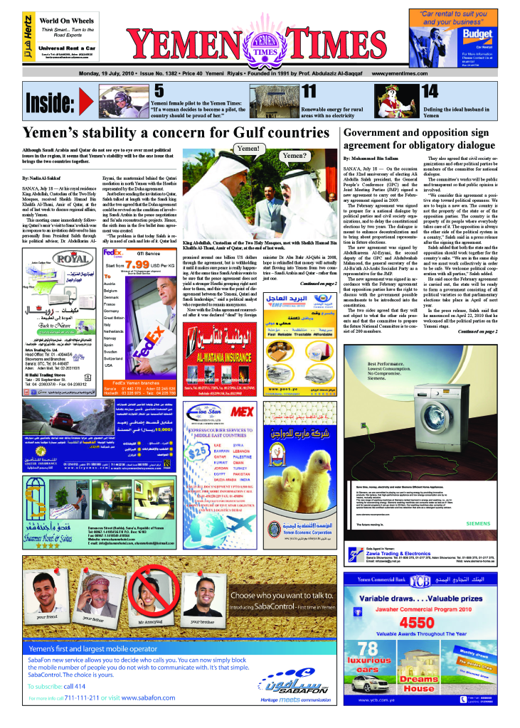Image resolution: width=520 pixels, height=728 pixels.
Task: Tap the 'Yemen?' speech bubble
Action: [295, 156]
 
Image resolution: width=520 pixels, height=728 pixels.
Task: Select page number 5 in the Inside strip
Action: [159, 90]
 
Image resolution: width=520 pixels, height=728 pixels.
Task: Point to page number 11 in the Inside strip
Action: [309, 90]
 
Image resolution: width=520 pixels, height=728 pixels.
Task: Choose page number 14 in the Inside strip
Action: [430, 90]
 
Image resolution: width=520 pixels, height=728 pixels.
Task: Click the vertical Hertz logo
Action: [26, 36]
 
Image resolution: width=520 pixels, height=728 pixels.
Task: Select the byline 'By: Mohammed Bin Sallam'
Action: [372, 157]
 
